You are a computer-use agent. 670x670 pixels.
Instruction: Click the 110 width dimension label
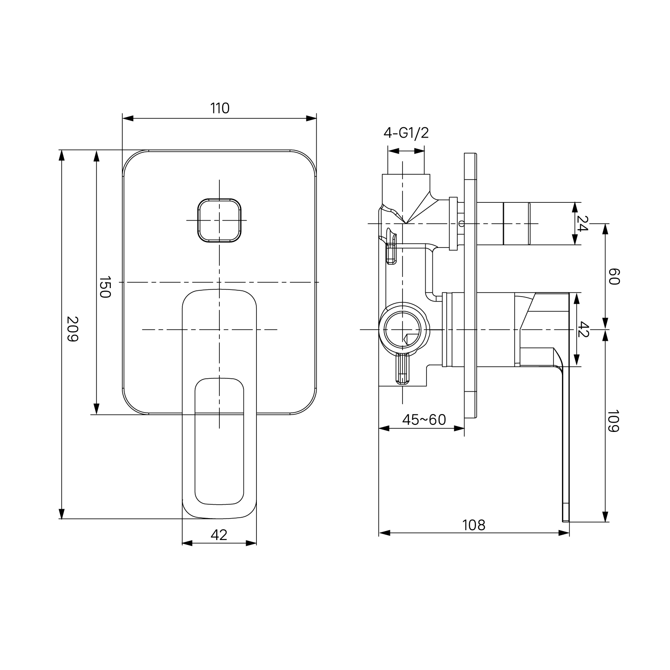tap(219, 108)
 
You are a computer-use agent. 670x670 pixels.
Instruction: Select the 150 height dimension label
tap(104, 287)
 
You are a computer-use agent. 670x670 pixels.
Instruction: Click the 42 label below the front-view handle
tap(219, 535)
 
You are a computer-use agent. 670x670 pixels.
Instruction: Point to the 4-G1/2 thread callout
tap(406, 133)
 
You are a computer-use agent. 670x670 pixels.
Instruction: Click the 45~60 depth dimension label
tap(424, 419)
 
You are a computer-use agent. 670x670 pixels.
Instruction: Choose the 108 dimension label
tap(473, 525)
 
